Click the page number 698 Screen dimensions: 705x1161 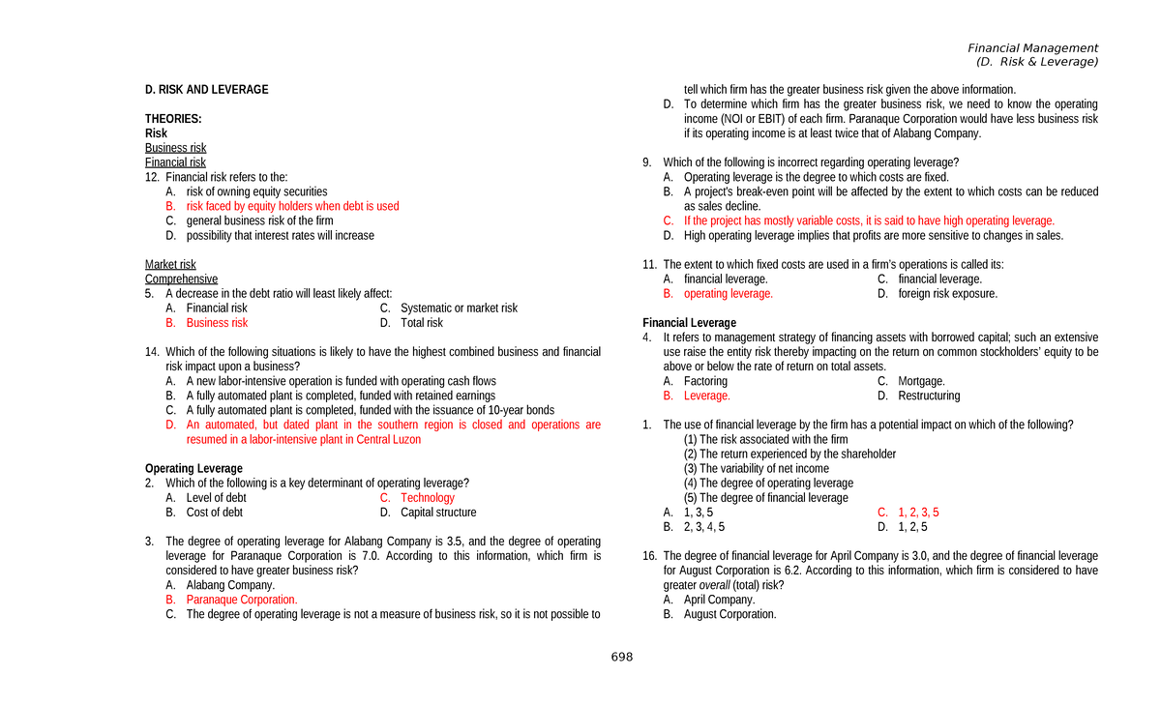[621, 658]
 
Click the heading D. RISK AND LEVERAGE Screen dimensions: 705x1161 [206, 90]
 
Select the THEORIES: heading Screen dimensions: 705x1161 [173, 119]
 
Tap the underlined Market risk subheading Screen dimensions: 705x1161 [170, 264]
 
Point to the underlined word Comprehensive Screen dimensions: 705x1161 [181, 279]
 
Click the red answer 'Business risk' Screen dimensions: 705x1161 [217, 323]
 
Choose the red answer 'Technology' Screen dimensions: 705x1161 [427, 498]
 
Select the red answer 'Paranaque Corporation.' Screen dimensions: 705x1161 [241, 600]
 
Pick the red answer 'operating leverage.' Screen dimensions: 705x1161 [728, 294]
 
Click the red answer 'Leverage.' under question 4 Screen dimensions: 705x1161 [706, 396]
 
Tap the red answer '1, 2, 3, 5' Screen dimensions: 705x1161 [918, 513]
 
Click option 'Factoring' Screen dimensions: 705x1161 [705, 381]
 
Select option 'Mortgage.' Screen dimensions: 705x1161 [921, 381]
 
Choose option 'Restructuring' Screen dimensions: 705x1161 [929, 396]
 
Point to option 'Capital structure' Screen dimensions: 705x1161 [438, 513]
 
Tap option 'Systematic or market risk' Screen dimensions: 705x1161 [459, 308]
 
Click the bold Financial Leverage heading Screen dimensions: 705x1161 [689, 323]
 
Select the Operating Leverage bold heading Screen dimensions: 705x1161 [193, 469]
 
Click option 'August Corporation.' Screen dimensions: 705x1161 [729, 614]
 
